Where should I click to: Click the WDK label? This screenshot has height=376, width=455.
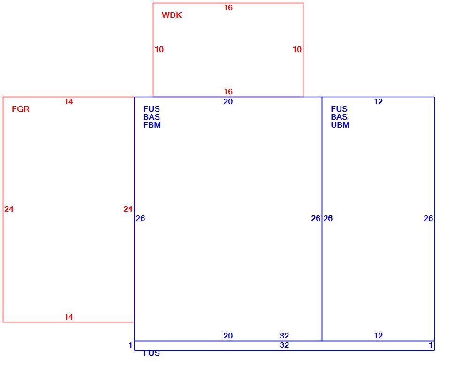(172, 15)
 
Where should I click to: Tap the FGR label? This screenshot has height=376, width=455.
(21, 109)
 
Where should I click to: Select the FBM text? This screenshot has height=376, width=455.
(152, 125)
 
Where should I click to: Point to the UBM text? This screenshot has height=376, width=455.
(340, 125)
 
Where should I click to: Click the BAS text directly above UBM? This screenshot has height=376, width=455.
(339, 117)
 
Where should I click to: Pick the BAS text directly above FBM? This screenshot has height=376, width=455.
(152, 117)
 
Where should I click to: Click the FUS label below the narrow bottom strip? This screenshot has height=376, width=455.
(152, 353)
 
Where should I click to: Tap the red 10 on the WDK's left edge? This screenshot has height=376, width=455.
(159, 49)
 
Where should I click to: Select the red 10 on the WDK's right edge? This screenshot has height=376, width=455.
(297, 49)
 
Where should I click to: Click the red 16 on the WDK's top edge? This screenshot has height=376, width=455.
(228, 8)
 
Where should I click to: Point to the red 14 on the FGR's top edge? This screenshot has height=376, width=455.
(68, 101)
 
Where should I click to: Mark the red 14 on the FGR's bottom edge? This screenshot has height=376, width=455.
(68, 317)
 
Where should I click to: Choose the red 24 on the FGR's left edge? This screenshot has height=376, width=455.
(9, 209)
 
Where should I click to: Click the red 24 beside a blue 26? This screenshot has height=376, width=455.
(128, 209)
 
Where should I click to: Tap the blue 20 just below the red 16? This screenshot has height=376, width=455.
(228, 101)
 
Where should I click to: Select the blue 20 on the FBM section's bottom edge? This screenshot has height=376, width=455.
(228, 336)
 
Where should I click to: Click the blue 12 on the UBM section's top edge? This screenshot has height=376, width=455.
(379, 101)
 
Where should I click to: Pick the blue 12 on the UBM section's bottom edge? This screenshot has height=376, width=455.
(379, 336)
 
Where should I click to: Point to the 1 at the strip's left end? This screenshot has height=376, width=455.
(130, 345)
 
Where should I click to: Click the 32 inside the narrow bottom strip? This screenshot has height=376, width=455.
(284, 345)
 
